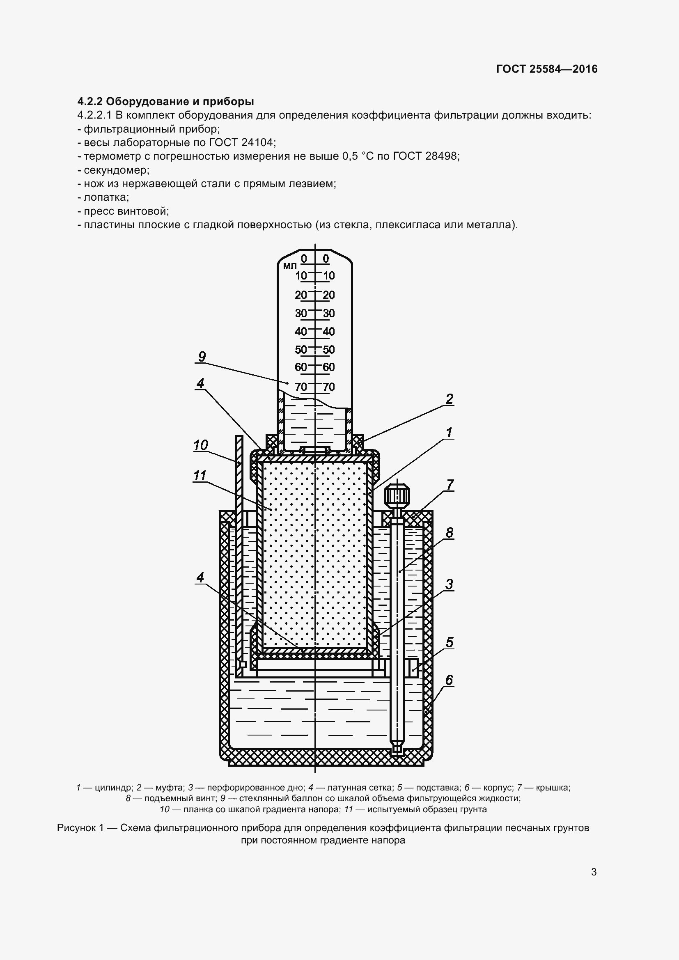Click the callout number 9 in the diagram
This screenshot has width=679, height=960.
pos(202,357)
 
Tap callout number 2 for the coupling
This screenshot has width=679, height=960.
pos(449,399)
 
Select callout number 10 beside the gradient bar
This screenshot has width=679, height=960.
pos(201,445)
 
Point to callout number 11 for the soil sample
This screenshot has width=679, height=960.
pos(200,475)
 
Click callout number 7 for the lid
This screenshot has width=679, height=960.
pos(450,485)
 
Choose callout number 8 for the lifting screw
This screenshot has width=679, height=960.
pos(450,533)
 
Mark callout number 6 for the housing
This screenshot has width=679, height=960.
pos(449,680)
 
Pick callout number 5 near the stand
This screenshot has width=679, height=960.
pos(450,642)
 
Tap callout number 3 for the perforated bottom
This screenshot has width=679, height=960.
pos(449,584)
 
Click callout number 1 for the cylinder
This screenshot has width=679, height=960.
pos(449,432)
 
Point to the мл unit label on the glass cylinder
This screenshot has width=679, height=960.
pos(290,266)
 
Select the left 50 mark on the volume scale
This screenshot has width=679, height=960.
pos(301,350)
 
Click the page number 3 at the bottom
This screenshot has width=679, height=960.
pos(594,872)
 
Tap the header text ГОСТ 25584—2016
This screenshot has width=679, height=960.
pos(547,69)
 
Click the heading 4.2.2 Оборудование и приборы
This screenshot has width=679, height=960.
pos(165,101)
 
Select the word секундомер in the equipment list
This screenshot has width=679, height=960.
pos(116,170)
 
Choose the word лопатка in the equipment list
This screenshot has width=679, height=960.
pos(106,197)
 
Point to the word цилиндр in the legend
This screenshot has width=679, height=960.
pos(113,788)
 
